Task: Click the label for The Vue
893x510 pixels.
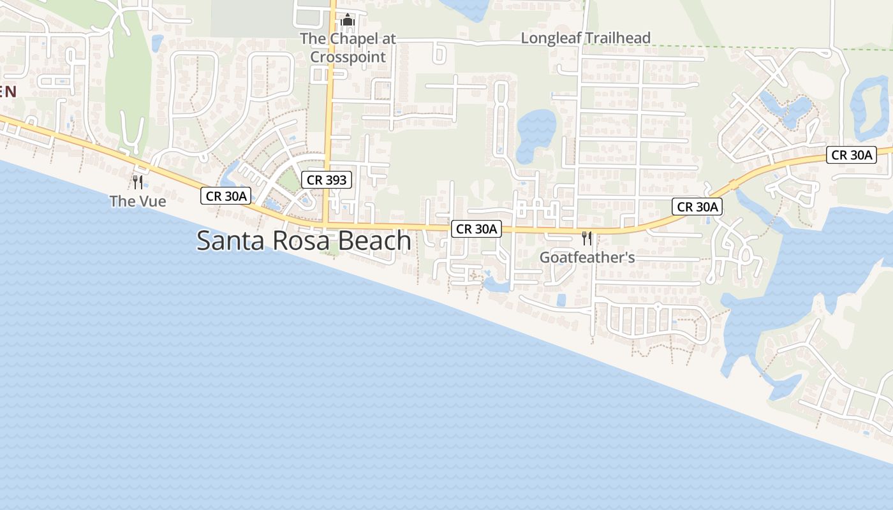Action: click(138, 201)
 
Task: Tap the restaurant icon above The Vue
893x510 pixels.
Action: click(137, 182)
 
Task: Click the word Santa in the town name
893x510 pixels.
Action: click(227, 241)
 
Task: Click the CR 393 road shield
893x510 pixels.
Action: click(327, 180)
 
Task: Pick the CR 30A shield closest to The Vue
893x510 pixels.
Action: click(225, 196)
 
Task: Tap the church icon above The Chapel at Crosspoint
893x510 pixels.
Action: click(347, 20)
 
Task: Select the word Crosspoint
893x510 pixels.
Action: click(348, 57)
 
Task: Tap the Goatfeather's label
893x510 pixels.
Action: click(587, 258)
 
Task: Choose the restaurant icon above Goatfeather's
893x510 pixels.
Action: click(587, 238)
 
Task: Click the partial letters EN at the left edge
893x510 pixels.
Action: click(7, 91)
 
